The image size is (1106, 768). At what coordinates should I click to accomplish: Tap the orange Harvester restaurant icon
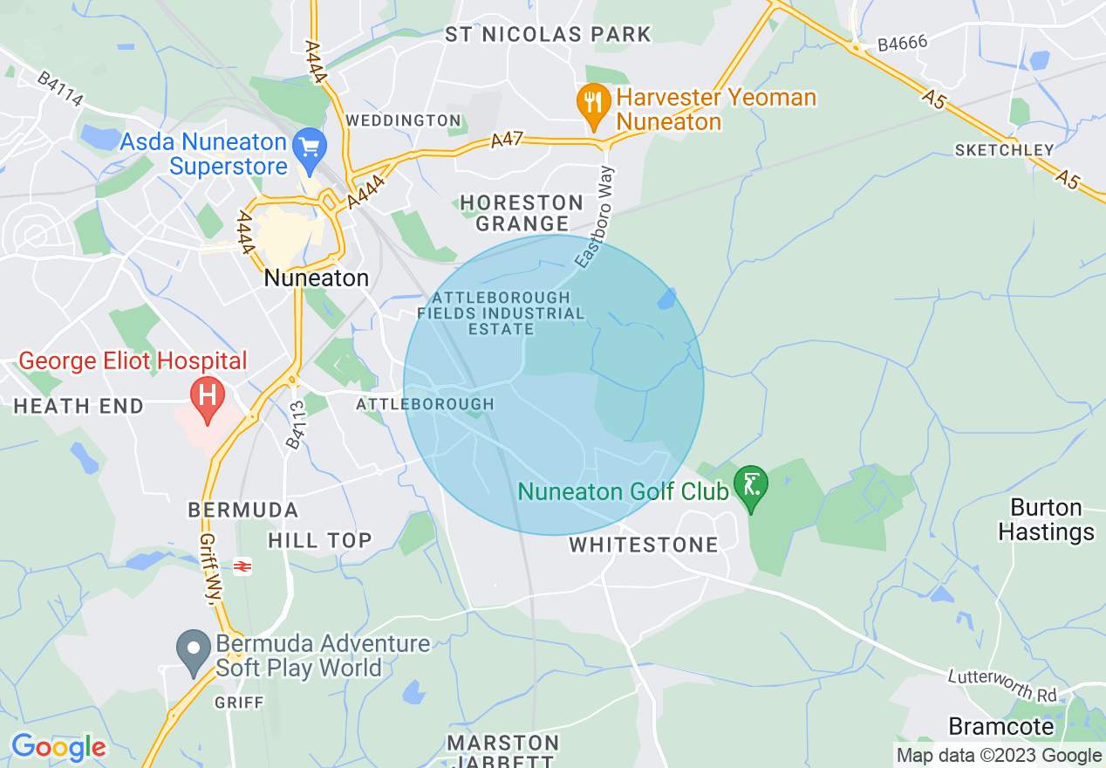(593, 105)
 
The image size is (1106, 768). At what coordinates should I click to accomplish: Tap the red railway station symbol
(242, 567)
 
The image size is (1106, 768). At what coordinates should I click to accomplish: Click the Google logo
(58, 746)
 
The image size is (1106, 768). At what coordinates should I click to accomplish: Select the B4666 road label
(903, 43)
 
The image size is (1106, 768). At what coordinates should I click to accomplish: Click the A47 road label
(507, 140)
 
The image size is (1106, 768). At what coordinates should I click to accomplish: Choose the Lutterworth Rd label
(1002, 686)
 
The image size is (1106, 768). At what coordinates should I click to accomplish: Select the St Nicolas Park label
(548, 35)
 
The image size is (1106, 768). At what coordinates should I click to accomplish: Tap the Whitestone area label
(644, 545)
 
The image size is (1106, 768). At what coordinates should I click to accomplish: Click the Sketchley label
(1004, 150)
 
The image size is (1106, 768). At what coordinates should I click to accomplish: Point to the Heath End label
(79, 406)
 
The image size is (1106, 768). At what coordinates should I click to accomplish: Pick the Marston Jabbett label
(503, 751)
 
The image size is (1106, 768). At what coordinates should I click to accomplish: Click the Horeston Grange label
(522, 213)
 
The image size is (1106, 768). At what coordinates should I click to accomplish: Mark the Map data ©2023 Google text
(1000, 756)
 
